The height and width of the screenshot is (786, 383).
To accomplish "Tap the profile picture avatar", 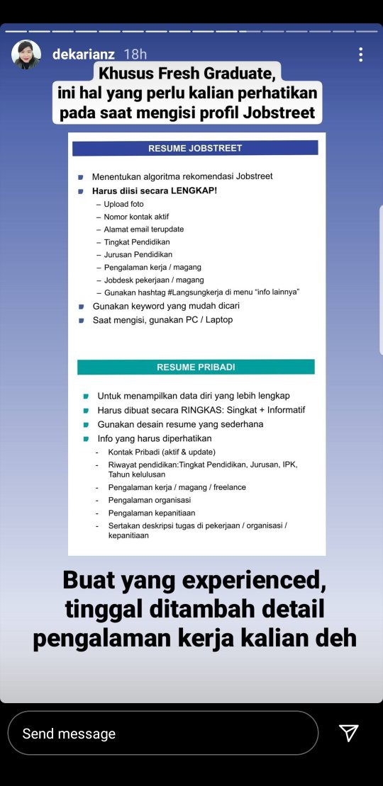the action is pos(26,55).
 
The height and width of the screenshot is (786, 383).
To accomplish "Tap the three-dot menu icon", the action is pos(360,55).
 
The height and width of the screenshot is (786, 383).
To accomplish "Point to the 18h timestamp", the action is pos(135,55).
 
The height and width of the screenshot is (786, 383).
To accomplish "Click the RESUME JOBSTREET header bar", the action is pos(195,148).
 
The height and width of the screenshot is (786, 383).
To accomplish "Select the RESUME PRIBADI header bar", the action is pos(195,367).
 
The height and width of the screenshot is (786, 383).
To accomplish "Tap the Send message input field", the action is pos(163,733).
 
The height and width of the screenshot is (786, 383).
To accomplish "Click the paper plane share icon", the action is pos(348,733).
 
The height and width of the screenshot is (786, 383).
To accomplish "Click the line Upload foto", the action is pos(123,204).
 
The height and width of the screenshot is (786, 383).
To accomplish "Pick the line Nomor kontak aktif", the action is pos(136,217).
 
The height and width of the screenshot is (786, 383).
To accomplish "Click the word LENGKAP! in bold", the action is pos(192,190).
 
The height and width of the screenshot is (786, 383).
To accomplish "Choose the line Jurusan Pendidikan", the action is pos(138,254).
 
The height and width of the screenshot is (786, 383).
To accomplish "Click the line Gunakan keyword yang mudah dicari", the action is pos(166,306).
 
